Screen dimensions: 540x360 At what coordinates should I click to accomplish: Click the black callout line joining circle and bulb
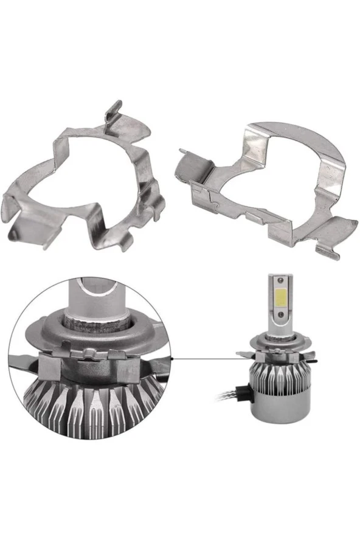pyautogui.click(x=207, y=359)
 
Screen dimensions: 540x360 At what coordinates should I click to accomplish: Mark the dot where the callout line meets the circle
pyautogui.click(x=173, y=359)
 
